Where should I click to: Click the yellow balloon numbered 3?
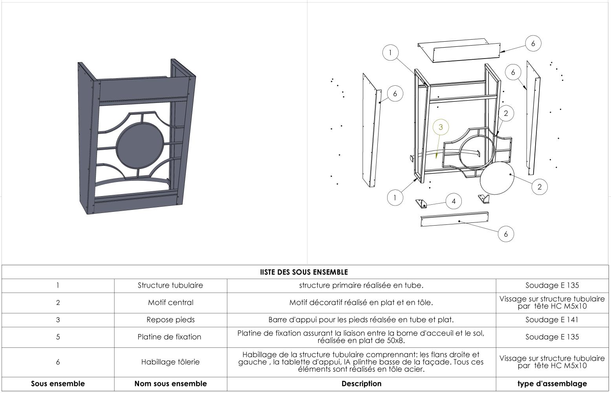coord(441,127)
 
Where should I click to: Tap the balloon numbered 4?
coord(454,202)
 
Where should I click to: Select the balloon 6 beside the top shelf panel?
coord(533,44)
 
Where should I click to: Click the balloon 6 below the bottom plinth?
coord(506,234)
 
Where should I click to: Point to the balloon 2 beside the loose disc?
coord(539,187)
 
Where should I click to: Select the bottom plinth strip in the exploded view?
coord(454,219)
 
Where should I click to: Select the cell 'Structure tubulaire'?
coord(170,285)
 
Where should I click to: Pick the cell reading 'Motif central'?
coord(170,303)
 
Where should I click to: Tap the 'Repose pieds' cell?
coord(170,320)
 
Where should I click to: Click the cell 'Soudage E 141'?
coord(552,320)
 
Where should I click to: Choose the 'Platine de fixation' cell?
coord(169,337)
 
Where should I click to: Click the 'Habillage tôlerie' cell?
coord(170,362)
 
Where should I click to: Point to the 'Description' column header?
coord(361,384)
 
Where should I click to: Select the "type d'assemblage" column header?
coord(552,384)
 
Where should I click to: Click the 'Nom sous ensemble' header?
coord(170,384)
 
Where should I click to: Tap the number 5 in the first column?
coord(58,337)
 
